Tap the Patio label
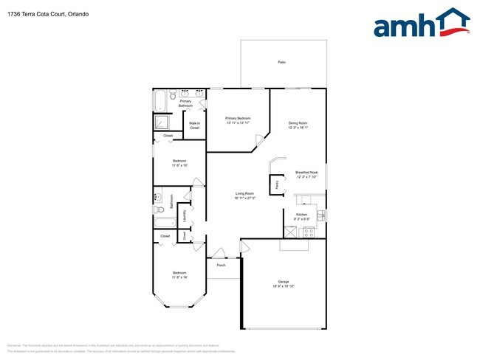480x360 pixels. (x=281, y=62)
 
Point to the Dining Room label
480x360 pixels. (x=298, y=122)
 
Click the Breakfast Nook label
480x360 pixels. (x=306, y=173)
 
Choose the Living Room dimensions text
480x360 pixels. (x=244, y=198)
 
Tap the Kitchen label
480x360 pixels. (x=301, y=214)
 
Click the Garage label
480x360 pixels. (x=283, y=281)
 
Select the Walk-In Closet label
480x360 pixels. (x=194, y=125)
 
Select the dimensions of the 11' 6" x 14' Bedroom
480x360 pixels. (x=179, y=277)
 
